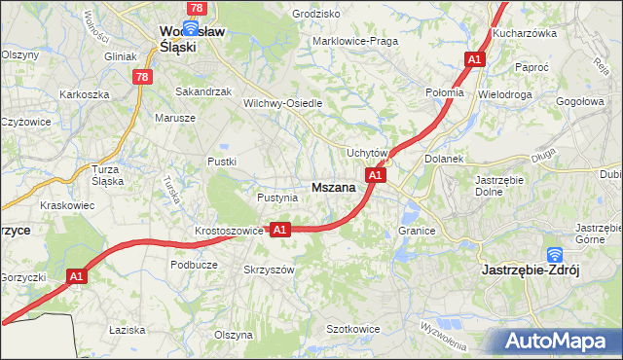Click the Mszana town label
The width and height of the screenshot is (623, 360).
[x=333, y=187]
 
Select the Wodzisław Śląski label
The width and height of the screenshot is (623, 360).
[x=192, y=39]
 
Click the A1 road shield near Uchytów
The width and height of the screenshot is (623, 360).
[x=377, y=175]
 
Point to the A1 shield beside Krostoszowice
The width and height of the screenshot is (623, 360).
[x=279, y=230]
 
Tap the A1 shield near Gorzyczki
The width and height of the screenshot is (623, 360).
[x=79, y=277]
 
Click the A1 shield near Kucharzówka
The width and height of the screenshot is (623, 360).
[x=474, y=60]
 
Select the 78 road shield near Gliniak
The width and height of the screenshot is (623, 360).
[x=144, y=77]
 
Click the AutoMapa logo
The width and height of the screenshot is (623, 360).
[x=558, y=342]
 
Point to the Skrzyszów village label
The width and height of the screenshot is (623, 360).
[x=269, y=270]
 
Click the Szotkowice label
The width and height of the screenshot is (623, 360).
[x=352, y=329]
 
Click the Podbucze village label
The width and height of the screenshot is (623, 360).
[x=194, y=264]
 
